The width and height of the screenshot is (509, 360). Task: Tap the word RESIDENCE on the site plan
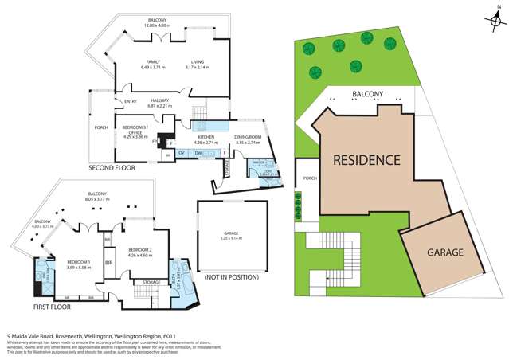(x=366, y=160)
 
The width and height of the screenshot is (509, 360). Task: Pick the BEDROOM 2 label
(x=139, y=250)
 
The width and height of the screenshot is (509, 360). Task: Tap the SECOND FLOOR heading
(x=113, y=169)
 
